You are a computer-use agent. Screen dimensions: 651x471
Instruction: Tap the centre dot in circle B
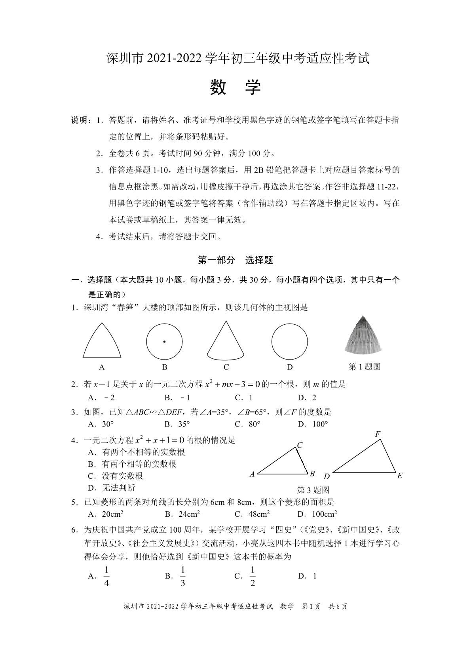pyautogui.click(x=164, y=341)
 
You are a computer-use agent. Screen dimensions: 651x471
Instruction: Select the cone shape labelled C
pyautogui.click(x=226, y=340)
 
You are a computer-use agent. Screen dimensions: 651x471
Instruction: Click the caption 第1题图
pyautogui.click(x=364, y=367)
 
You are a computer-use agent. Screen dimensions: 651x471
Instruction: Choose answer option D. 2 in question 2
pyautogui.click(x=307, y=398)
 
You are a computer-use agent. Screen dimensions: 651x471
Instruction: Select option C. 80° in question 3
pyautogui.click(x=247, y=424)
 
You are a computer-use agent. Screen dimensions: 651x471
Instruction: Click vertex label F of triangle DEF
pyautogui.click(x=378, y=434)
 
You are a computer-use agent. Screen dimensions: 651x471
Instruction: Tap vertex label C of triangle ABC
pyautogui.click(x=300, y=445)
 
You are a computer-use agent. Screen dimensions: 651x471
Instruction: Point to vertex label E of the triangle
pyautogui.click(x=399, y=476)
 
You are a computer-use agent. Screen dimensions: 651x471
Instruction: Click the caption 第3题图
pyautogui.click(x=313, y=490)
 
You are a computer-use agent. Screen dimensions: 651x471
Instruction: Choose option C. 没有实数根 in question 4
pyautogui.click(x=115, y=476)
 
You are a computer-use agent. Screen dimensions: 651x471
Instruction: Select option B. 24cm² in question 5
pyautogui.click(x=182, y=514)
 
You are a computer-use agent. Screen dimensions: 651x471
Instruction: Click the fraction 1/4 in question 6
pyautogui.click(x=106, y=576)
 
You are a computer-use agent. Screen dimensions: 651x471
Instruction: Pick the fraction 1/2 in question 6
pyautogui.click(x=253, y=576)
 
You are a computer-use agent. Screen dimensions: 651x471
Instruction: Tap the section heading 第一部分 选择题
pyautogui.click(x=235, y=260)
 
